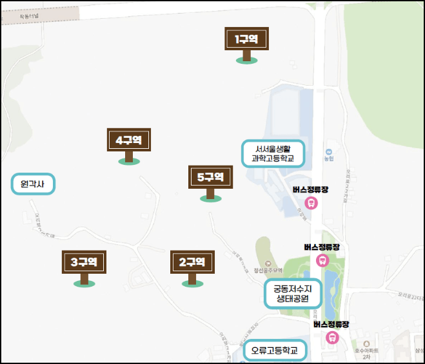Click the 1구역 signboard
point(246,39)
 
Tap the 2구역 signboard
point(192,262)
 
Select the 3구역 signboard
point(83,262)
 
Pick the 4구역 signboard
point(128,140)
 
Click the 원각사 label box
point(34,184)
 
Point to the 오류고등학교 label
point(275,351)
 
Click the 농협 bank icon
point(328,148)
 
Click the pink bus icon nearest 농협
point(311,203)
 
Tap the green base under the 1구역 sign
point(246,61)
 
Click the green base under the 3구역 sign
point(83,283)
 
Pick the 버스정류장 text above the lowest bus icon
point(331,324)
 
